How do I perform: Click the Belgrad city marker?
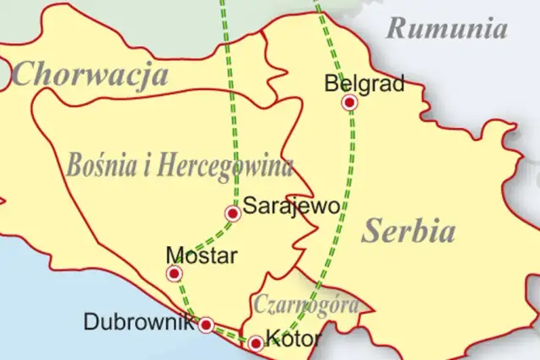click(349, 103)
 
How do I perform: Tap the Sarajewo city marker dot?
click(233, 213)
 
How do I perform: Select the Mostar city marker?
click(174, 273)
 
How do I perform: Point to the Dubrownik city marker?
click(205, 325)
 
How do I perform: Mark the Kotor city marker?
click(255, 343)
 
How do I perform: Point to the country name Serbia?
click(408, 231)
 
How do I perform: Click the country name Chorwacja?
click(91, 75)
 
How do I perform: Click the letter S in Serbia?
click(370, 231)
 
